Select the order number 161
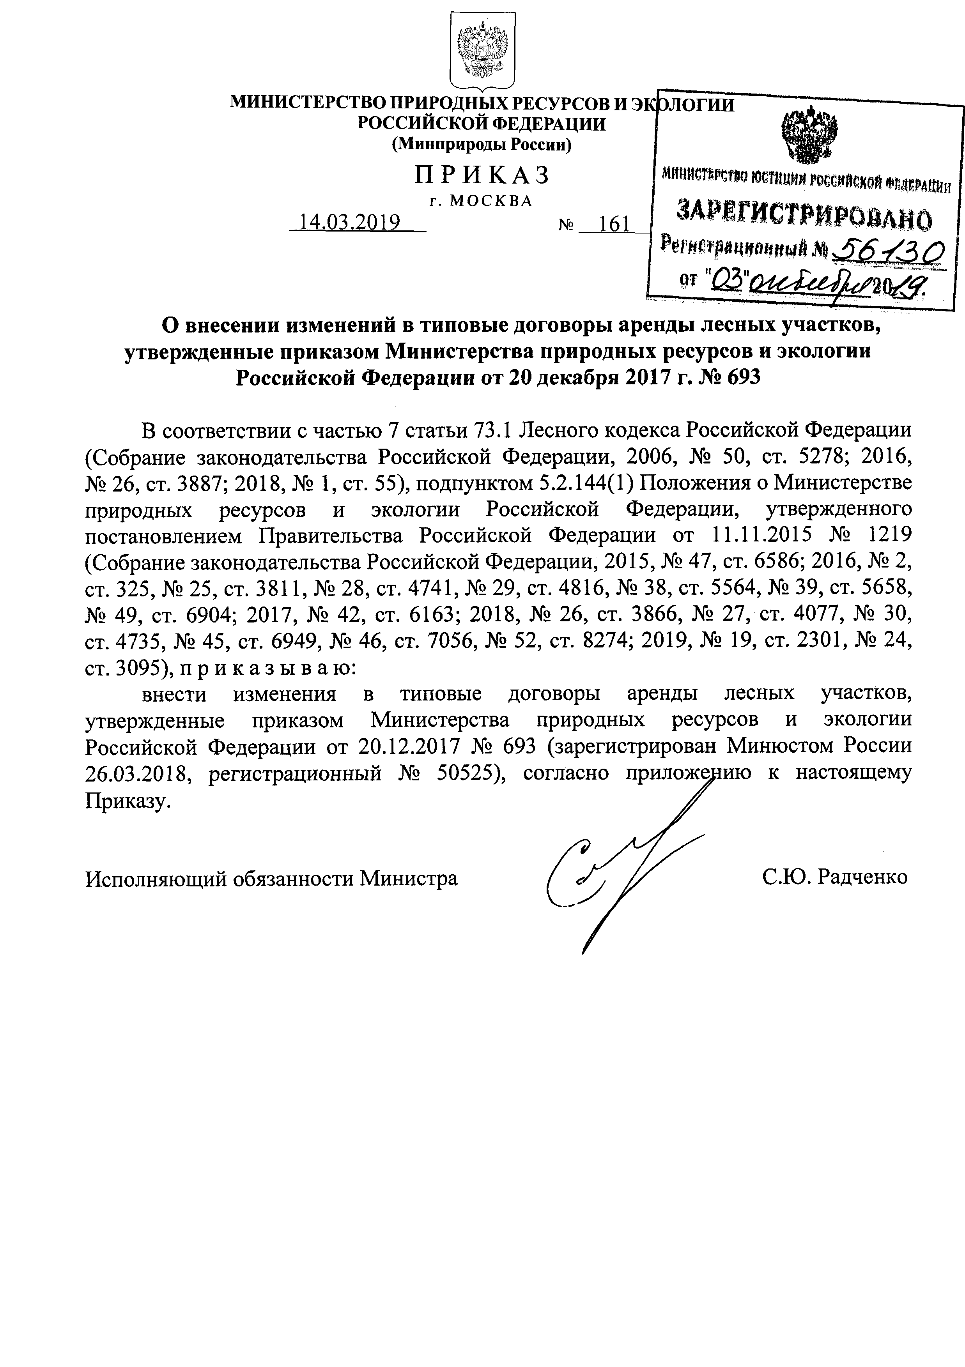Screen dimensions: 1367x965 coord(614,224)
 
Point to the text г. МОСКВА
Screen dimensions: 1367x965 coord(481,201)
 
